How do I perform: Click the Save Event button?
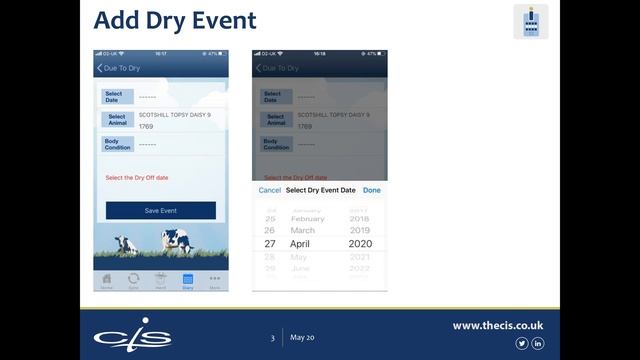click(x=160, y=211)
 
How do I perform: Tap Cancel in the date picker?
click(x=270, y=190)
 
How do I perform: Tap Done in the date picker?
click(x=372, y=190)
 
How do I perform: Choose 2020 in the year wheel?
click(x=359, y=244)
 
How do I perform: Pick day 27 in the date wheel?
click(x=270, y=244)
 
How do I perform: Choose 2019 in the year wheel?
click(x=359, y=230)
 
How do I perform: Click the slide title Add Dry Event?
click(x=175, y=20)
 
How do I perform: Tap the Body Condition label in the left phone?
click(x=117, y=144)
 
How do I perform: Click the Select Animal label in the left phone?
click(x=117, y=120)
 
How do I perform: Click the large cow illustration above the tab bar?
click(x=178, y=240)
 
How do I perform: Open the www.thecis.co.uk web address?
click(x=497, y=325)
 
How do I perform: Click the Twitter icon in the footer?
click(x=521, y=344)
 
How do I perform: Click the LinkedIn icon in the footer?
click(x=538, y=344)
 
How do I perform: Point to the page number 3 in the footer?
click(x=272, y=339)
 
